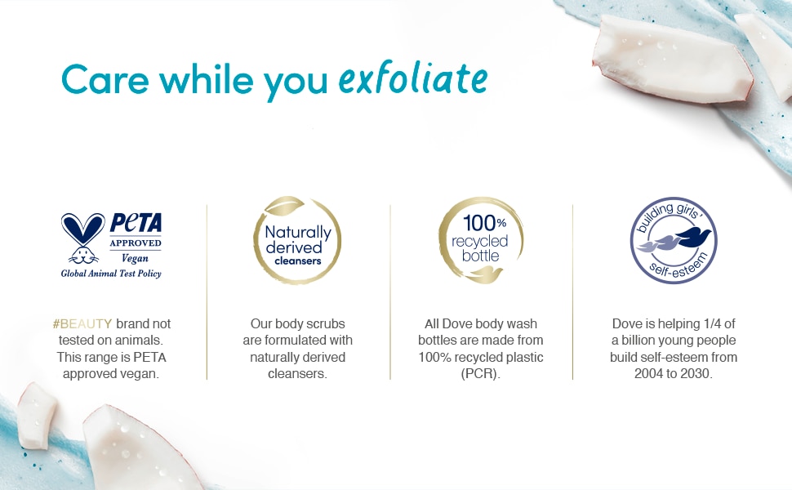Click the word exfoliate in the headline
click(412, 78)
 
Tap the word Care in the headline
click(105, 79)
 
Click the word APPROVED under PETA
click(136, 243)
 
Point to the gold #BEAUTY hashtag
click(82, 323)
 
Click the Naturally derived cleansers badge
click(297, 240)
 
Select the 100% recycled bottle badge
click(480, 240)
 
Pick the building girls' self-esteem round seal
click(674, 240)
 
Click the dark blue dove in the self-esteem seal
click(692, 236)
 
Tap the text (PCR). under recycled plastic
click(480, 374)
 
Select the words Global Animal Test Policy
click(111, 274)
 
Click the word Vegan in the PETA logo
click(135, 258)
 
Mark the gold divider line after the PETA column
click(207, 292)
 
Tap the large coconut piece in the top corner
click(672, 59)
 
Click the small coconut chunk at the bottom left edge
click(35, 416)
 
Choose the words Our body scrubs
click(297, 323)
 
